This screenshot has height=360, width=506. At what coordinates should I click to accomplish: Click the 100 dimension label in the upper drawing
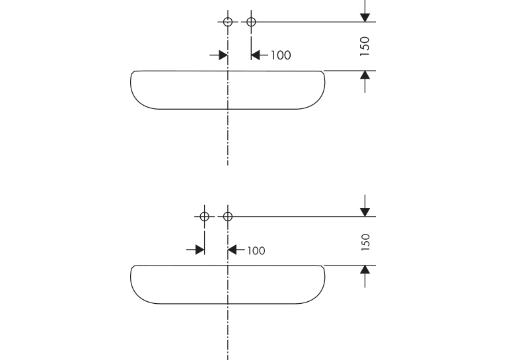[281, 55]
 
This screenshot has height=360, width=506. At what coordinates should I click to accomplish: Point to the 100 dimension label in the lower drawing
[256, 250]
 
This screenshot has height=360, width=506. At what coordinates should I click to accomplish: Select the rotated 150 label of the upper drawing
[365, 46]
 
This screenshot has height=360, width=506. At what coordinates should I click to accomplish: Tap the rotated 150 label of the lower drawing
[365, 242]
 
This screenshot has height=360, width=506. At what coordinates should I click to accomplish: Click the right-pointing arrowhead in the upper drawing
[223, 55]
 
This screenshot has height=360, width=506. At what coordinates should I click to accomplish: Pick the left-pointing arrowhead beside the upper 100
[256, 55]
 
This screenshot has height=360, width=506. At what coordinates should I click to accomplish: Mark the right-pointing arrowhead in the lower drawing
[199, 250]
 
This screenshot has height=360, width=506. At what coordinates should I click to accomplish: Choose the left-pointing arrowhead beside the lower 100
[233, 250]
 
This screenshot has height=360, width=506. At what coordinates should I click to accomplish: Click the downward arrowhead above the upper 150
[365, 17]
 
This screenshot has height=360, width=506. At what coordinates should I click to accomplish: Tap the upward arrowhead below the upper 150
[365, 75]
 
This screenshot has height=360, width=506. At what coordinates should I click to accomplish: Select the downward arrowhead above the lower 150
[365, 212]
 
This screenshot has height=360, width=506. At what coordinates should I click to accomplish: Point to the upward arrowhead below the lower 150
[365, 270]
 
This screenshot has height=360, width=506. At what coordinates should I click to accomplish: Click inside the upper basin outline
[194, 90]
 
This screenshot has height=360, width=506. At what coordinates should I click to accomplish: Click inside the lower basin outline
[194, 285]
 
